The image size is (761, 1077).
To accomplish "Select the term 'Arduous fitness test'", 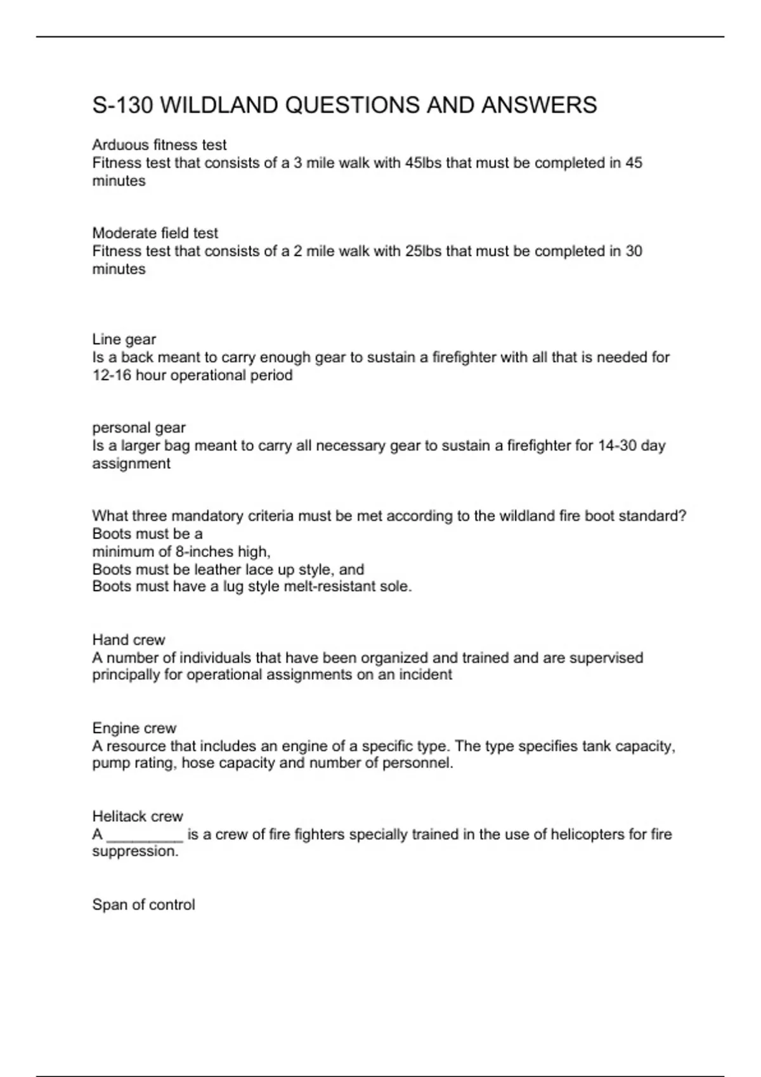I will [159, 145].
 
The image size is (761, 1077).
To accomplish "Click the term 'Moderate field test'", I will [155, 233].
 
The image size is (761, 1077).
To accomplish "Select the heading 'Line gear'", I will [124, 340].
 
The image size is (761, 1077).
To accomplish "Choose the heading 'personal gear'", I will [139, 428].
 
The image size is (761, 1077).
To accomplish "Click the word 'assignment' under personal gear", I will [131, 464].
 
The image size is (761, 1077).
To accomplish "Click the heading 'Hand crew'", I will [129, 640].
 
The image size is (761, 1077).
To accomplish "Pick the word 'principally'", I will [126, 675].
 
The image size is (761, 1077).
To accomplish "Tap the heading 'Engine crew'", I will [134, 729].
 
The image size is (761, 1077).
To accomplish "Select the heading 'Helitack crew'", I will [138, 817].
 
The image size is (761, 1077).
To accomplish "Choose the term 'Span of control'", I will [143, 905].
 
